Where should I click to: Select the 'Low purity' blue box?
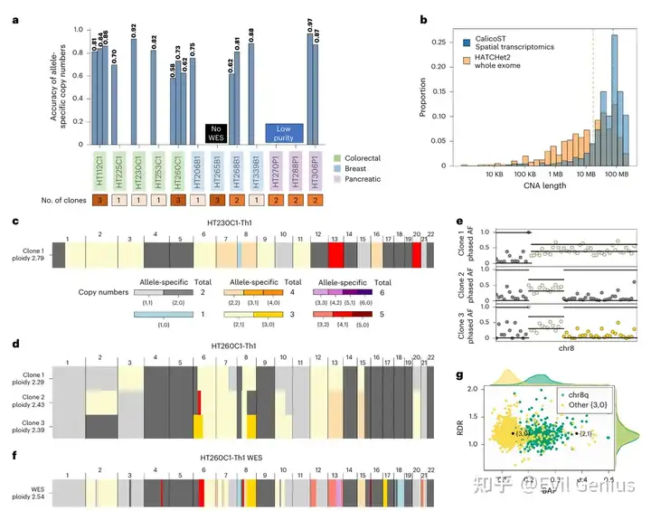tap(283, 135)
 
